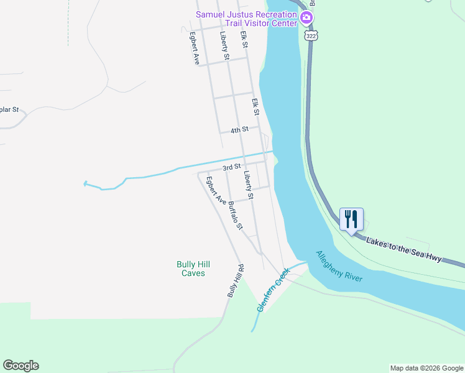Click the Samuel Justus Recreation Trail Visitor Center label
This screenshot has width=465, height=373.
click(x=246, y=19)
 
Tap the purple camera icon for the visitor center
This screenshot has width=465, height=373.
click(x=306, y=17)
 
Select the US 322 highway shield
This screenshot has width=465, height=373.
click(x=311, y=36)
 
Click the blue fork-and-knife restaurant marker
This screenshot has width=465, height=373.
click(x=351, y=220)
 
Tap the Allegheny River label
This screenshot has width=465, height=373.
click(x=339, y=267)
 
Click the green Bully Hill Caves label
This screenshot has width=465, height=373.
click(x=190, y=269)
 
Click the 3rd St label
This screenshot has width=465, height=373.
click(x=231, y=167)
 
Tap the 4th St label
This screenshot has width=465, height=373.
click(x=239, y=130)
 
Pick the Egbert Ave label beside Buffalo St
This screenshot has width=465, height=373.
click(x=216, y=191)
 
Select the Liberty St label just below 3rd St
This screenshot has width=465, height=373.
click(x=249, y=185)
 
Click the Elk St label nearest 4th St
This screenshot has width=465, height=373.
click(x=255, y=106)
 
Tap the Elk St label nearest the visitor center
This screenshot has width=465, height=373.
click(x=244, y=40)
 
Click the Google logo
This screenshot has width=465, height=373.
click(x=21, y=366)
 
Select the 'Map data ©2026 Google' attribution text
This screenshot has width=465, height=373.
click(x=427, y=368)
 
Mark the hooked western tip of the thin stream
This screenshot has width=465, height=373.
click(x=85, y=183)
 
